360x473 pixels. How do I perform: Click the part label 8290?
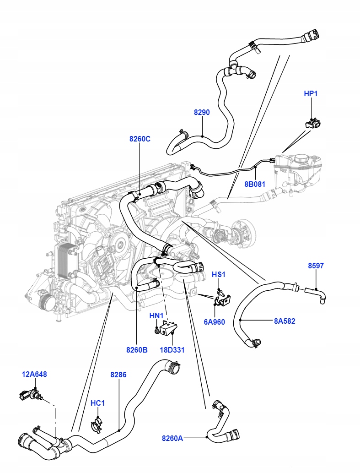tap(202, 112)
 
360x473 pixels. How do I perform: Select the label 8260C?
tap(140, 139)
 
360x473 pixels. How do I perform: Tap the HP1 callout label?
tap(311, 93)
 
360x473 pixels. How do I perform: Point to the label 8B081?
tap(255, 184)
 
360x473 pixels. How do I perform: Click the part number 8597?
tap(316, 266)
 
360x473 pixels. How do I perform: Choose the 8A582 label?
tap(285, 321)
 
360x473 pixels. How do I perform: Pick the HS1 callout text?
tap(218, 275)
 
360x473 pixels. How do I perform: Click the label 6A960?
tap(214, 322)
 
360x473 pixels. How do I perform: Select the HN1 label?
tap(156, 316)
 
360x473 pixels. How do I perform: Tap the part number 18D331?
tap(172, 350)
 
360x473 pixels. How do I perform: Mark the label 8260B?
tap(137, 350)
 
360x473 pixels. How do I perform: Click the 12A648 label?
tap(34, 375)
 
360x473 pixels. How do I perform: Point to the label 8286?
tap(118, 375)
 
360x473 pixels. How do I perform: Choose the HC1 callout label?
tap(97, 403)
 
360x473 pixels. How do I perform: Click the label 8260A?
tap(172, 438)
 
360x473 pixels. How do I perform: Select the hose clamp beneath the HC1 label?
tap(97, 424)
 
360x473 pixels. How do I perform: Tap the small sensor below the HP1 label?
tap(313, 123)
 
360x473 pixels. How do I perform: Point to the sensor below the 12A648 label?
tap(30, 395)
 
